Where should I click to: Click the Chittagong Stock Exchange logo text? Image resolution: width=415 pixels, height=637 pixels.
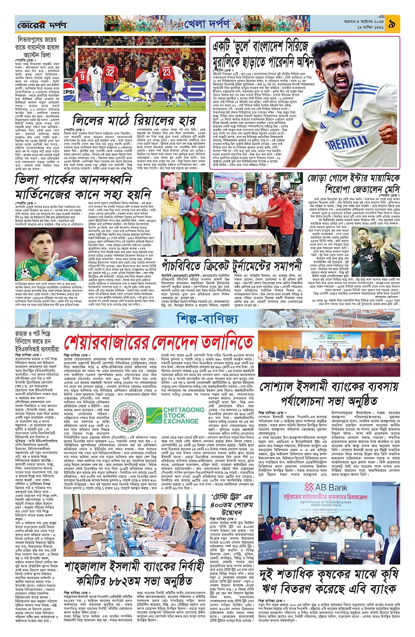[184, 415]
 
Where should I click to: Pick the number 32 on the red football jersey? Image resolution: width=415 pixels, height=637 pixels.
[110, 72]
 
